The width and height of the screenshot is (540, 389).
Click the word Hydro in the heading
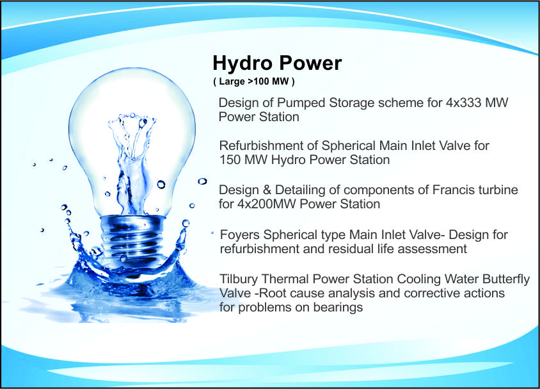point(242,64)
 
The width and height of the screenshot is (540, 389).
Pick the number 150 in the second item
point(230,160)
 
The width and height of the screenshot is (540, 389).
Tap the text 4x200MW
point(266,204)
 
